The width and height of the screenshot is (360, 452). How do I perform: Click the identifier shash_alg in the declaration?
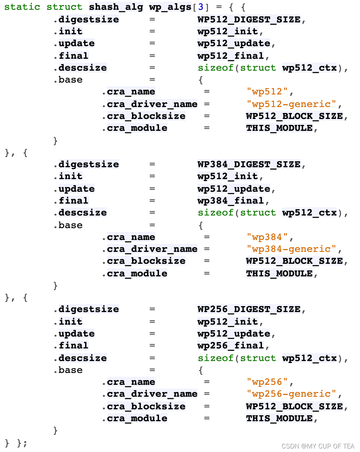[116, 7]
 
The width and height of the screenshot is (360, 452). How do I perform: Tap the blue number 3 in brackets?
[201, 7]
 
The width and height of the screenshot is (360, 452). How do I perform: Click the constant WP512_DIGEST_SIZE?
[249, 19]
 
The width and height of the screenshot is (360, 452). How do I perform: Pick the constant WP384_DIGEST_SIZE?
[249, 164]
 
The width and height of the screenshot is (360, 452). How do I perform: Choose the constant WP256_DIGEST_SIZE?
[249, 309]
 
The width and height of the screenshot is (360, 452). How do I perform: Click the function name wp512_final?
[230, 56]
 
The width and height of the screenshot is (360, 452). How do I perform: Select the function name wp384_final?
[230, 201]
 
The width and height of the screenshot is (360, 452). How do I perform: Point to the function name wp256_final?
[230, 346]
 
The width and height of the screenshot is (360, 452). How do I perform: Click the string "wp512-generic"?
[291, 104]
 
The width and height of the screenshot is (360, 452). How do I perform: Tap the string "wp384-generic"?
[291, 249]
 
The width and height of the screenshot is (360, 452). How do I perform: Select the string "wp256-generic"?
[291, 394]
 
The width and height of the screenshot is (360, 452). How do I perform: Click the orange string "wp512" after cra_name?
[267, 92]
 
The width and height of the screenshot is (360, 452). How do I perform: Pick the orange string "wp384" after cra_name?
[267, 237]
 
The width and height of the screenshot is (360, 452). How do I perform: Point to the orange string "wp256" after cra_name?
[267, 382]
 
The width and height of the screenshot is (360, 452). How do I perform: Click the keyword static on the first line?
[22, 7]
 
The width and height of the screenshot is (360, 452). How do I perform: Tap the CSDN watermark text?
[318, 446]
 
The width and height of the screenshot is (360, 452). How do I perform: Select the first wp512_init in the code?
[228, 31]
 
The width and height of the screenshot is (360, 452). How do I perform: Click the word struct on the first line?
[64, 7]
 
